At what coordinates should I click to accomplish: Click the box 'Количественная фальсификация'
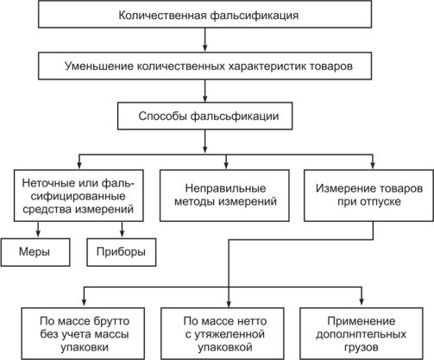204,14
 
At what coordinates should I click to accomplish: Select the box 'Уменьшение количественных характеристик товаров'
204,66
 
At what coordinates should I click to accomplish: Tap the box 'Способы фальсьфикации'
204,116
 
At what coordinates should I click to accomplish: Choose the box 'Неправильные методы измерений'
224,195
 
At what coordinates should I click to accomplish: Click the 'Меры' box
35,252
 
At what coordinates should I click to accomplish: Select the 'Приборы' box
122,252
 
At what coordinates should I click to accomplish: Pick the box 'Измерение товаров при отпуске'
368,195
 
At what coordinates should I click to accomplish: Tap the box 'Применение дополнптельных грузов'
362,334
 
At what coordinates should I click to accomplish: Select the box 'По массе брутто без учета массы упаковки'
83,334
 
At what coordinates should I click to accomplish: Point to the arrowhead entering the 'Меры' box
38,234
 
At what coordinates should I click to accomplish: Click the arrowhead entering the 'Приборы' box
122,234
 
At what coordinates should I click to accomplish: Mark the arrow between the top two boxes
204,40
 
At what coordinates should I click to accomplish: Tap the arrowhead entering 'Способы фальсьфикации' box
204,98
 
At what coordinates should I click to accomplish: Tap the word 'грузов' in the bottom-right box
362,348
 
